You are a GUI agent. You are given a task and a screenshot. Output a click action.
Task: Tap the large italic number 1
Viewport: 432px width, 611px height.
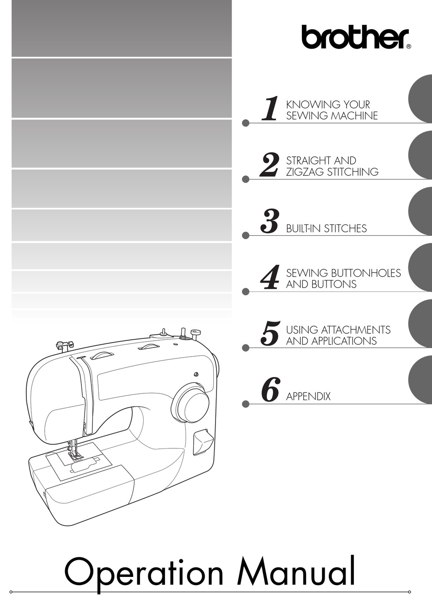[x=270, y=108]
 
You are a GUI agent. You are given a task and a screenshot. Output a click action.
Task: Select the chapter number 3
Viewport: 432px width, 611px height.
[x=269, y=221]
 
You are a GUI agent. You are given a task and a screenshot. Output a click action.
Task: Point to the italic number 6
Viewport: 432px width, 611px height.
[x=270, y=389]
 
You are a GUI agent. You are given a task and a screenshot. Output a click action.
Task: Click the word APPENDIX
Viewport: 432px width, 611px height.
[x=308, y=396]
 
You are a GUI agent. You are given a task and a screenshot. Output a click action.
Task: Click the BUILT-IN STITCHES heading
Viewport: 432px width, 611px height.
[x=327, y=229]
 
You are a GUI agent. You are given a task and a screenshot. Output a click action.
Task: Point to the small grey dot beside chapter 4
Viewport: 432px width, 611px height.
[x=246, y=292]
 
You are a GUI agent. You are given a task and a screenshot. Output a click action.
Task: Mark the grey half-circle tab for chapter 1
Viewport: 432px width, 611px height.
[x=420, y=99]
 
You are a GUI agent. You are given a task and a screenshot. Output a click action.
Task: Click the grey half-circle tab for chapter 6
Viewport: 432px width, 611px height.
[x=420, y=379]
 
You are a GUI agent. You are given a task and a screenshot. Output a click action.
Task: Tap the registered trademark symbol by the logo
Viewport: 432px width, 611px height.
[x=409, y=47]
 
